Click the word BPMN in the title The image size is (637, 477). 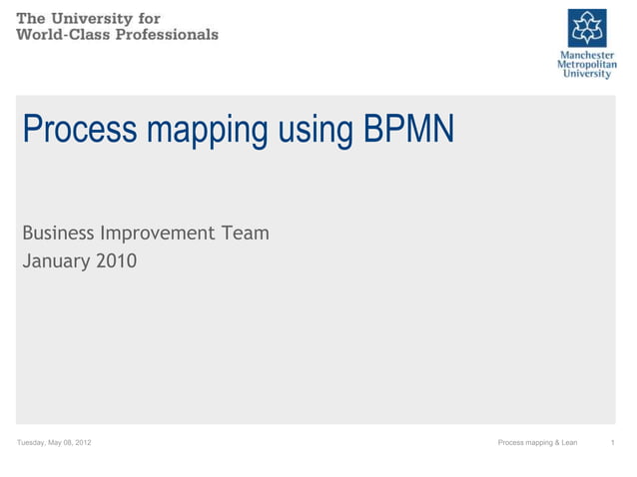point(409,129)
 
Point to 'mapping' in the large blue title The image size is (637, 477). point(199,131)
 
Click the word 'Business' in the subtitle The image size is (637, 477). point(58,234)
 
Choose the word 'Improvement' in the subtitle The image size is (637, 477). point(157,235)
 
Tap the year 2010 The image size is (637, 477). point(118,262)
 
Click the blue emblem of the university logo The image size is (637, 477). point(587,28)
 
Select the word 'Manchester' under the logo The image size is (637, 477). point(587,55)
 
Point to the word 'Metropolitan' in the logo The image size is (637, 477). point(587,65)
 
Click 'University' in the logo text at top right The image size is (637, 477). point(587,75)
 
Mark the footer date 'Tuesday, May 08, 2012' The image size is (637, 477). point(55,442)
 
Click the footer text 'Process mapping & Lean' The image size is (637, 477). point(537,442)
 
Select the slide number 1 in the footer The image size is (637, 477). point(611,442)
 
